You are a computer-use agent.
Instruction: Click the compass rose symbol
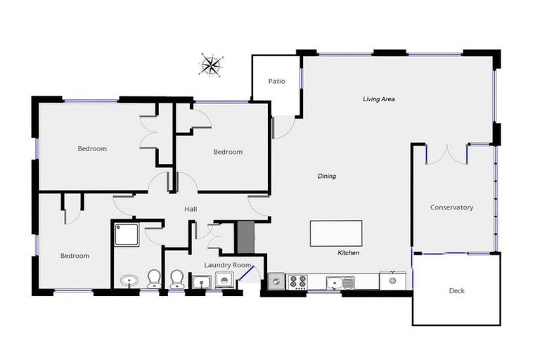click(x=210, y=65)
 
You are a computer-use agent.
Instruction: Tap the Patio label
click(x=277, y=82)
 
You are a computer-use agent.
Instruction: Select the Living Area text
click(x=378, y=99)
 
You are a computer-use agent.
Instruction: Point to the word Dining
click(x=327, y=176)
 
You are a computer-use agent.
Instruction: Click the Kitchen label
click(x=349, y=252)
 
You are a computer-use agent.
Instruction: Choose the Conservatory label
click(x=451, y=207)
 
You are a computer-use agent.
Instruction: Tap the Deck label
click(x=456, y=290)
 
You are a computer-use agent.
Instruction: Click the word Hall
click(x=191, y=210)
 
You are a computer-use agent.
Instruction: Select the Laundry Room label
click(x=227, y=264)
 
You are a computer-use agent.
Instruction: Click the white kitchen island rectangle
click(x=336, y=233)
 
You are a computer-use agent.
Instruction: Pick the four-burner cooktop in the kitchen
click(x=298, y=282)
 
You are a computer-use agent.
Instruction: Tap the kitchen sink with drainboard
click(x=340, y=282)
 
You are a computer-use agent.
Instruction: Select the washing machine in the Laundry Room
click(x=225, y=281)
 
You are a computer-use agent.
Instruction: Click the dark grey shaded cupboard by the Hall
click(x=243, y=234)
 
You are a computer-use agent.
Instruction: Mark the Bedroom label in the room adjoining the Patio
click(x=228, y=152)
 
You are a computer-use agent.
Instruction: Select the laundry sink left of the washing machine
click(x=202, y=282)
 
